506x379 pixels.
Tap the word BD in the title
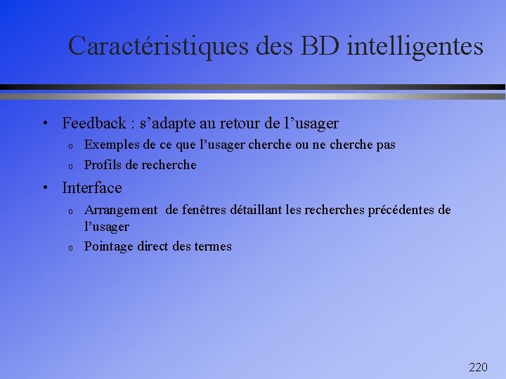(x=320, y=46)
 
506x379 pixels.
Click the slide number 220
(x=478, y=367)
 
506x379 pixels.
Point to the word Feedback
(x=93, y=124)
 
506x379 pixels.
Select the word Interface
(x=91, y=188)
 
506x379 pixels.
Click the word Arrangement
(x=121, y=210)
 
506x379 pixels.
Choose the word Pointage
(x=109, y=246)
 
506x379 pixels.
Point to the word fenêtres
(x=204, y=210)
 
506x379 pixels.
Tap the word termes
(x=212, y=246)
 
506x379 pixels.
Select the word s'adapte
(x=165, y=124)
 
